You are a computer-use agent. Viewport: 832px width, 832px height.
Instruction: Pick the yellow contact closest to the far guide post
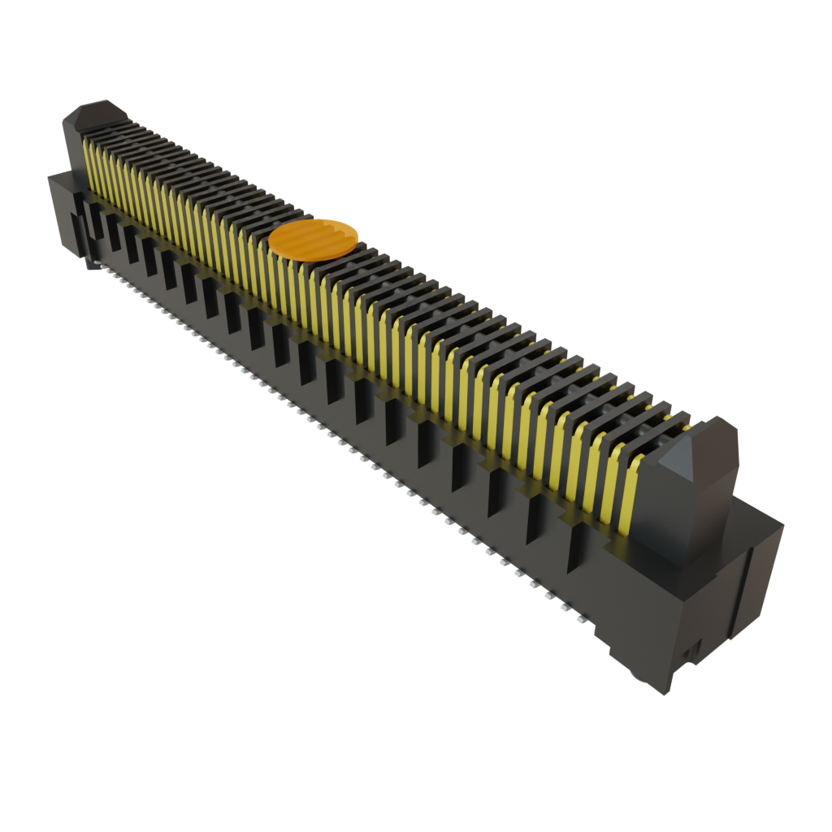pyautogui.click(x=86, y=158)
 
